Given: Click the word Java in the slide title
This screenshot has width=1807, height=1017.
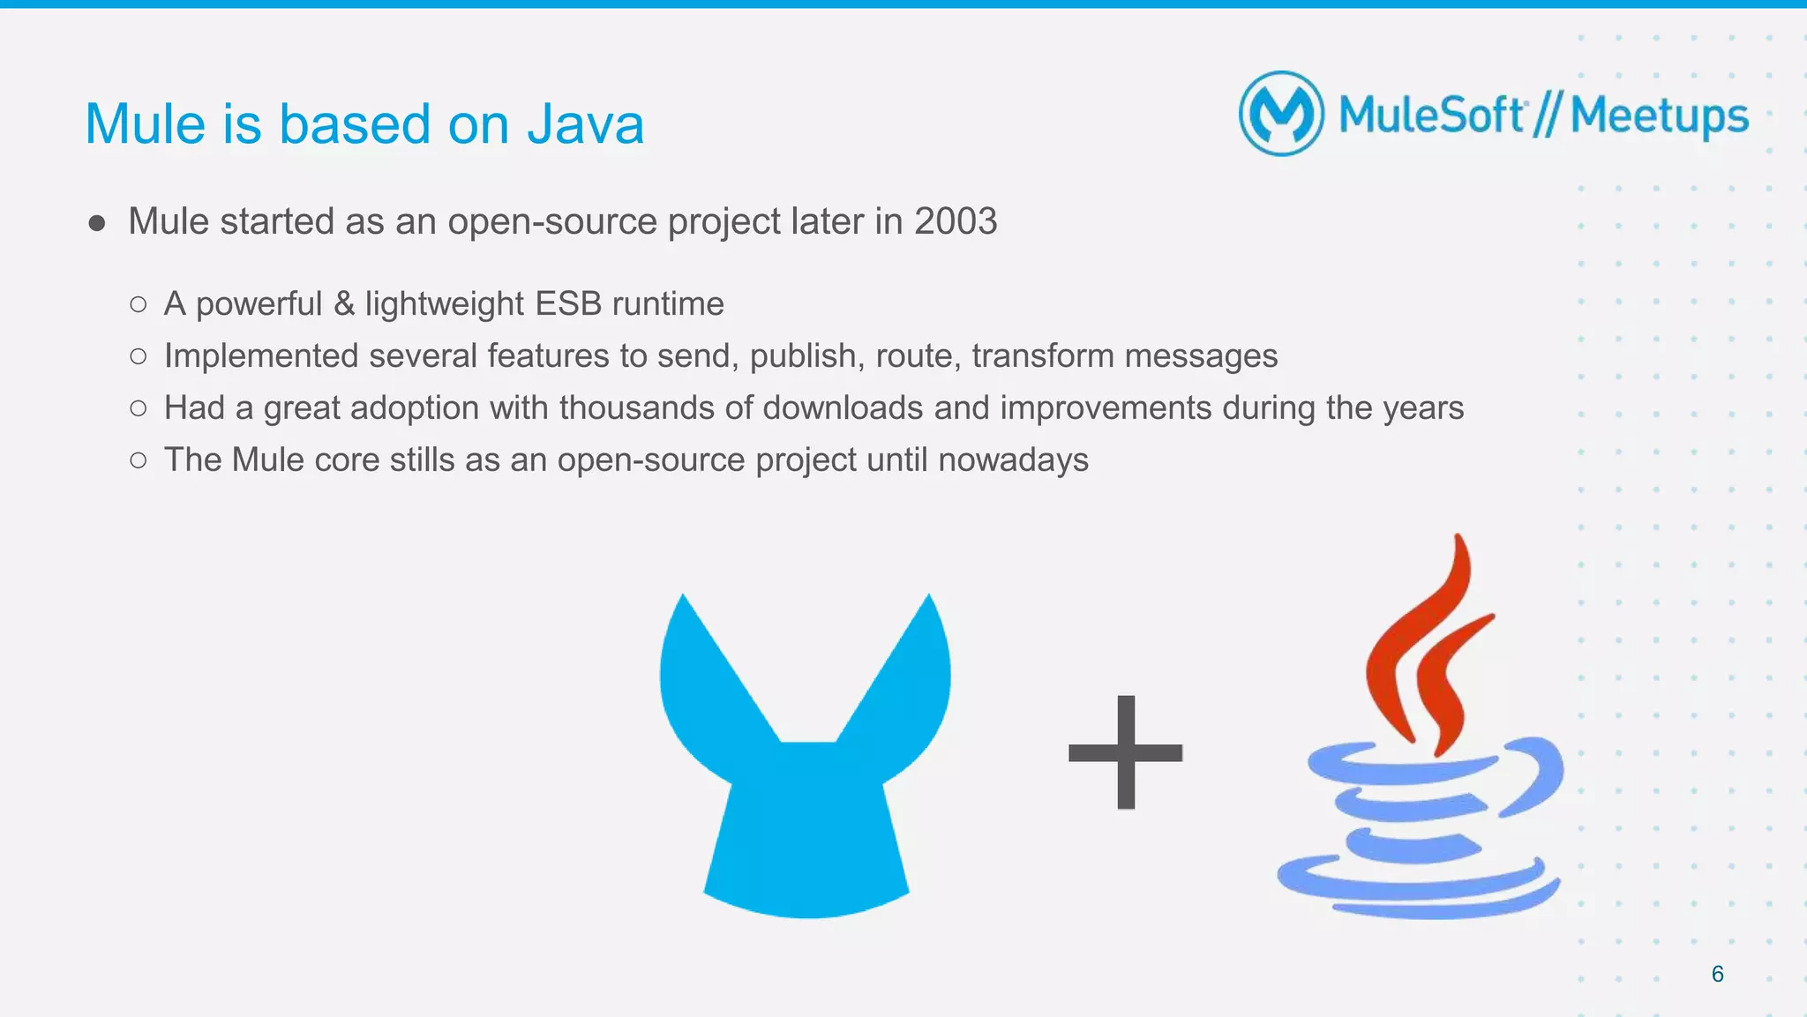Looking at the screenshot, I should [585, 124].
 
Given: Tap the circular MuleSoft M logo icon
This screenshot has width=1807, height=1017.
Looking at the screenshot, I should [1281, 114].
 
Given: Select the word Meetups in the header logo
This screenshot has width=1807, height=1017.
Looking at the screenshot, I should [1659, 116].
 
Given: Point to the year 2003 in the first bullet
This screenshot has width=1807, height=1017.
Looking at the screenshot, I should [956, 221].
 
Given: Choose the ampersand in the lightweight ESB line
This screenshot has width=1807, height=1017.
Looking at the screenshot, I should [344, 304].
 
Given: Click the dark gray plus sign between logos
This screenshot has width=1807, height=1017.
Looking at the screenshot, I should [1125, 752].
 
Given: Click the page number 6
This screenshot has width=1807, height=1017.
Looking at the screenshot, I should [1717, 974].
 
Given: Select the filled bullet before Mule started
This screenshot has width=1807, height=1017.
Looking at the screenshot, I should [97, 223].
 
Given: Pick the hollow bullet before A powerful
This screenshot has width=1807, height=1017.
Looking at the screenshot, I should [138, 305].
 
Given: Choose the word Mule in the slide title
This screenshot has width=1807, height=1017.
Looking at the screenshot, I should [146, 124].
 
